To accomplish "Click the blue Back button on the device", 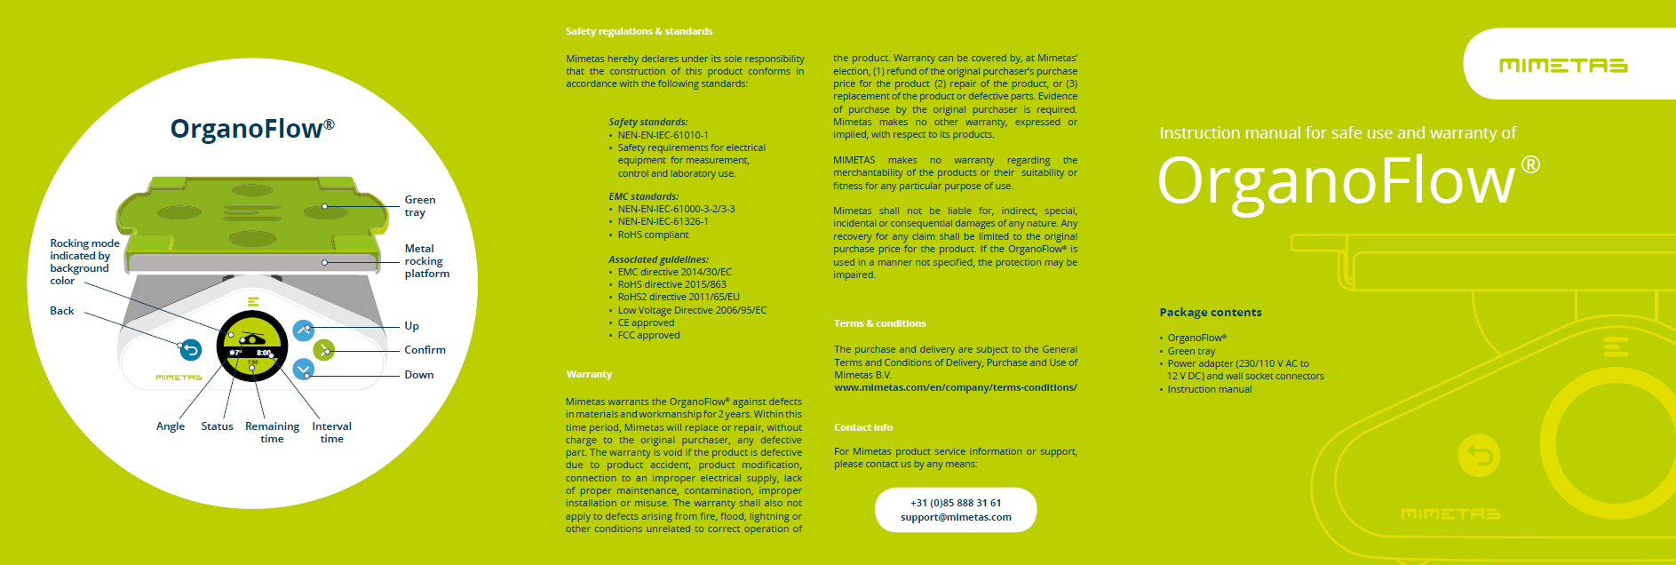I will click(190, 350).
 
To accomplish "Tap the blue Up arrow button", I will click(304, 330).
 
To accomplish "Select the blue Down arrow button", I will click(304, 370).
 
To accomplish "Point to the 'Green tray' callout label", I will click(419, 206).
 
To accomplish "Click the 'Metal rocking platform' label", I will click(426, 261).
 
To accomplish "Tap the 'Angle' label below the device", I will click(171, 426).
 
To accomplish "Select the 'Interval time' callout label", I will click(331, 433).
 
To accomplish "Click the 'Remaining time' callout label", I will click(272, 433).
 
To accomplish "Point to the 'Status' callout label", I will click(217, 426).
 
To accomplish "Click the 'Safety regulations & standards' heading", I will click(639, 32).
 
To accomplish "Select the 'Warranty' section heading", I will click(589, 375).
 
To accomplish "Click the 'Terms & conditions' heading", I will click(879, 324).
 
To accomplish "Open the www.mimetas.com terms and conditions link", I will click(955, 387).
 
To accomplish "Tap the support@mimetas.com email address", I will click(956, 517).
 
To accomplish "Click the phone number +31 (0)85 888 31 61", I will click(956, 503).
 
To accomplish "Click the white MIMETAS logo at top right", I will click(1562, 65).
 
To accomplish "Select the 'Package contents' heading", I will click(1210, 313).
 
